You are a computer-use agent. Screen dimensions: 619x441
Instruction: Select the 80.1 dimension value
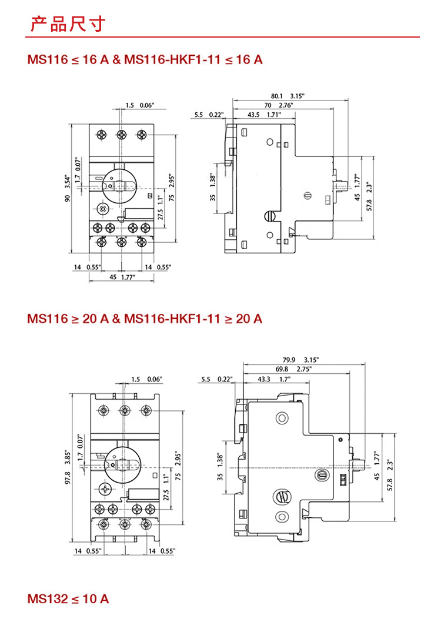point(278,96)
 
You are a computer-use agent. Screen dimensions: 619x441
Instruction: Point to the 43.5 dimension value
point(254,115)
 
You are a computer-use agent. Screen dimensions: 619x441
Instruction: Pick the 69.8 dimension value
point(283,369)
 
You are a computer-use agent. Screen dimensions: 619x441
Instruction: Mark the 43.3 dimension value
point(263,379)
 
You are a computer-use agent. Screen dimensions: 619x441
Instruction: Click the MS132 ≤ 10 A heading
point(68,599)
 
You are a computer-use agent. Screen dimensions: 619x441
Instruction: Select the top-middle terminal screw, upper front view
point(121,135)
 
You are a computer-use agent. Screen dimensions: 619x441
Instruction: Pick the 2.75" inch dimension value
point(303,369)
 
